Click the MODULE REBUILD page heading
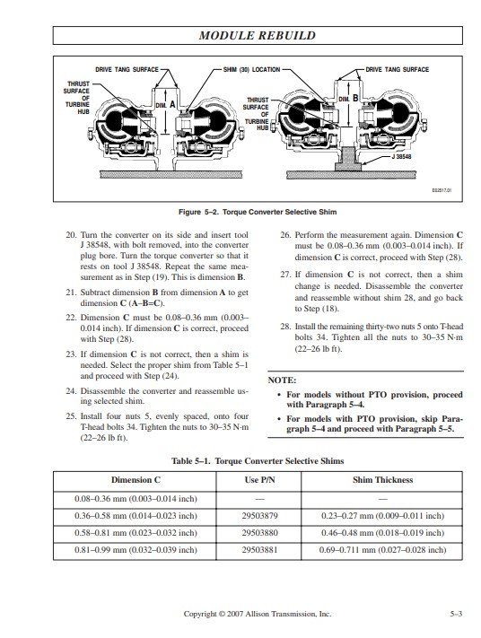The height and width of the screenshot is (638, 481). (258, 35)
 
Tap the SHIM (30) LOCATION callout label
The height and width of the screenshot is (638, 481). (251, 70)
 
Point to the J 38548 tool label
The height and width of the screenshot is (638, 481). (401, 156)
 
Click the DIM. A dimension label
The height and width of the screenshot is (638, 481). (166, 105)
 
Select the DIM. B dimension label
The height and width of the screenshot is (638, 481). (348, 99)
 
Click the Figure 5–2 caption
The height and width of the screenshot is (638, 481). (258, 212)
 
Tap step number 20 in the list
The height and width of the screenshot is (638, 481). (71, 235)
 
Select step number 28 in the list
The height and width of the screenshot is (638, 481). (285, 327)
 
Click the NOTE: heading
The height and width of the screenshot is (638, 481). (282, 380)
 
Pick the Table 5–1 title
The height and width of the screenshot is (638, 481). (258, 461)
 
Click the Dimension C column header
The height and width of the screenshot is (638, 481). (136, 480)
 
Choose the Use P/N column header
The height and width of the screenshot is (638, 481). (259, 480)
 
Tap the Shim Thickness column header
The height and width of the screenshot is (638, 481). (382, 480)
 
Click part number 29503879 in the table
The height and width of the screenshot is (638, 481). (259, 516)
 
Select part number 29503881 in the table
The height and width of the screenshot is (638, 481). (259, 550)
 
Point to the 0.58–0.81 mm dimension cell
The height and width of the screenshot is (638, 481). (136, 533)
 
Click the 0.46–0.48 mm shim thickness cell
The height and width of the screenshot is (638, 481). (382, 533)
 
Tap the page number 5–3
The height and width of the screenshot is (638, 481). (456, 614)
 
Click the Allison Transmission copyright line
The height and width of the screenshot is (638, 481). (258, 614)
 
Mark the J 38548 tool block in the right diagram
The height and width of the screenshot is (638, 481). (348, 159)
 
